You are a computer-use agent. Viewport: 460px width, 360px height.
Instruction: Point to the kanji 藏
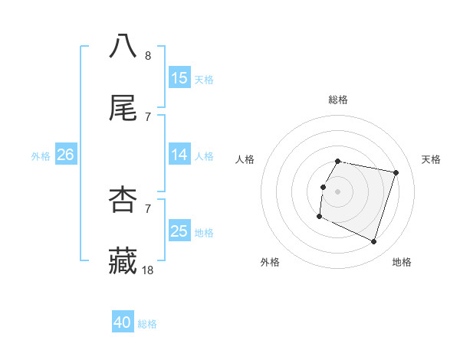(x=123, y=261)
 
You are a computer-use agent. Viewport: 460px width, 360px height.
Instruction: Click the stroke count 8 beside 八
(x=148, y=56)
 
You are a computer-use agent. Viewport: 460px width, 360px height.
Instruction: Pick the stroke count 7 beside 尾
(x=148, y=117)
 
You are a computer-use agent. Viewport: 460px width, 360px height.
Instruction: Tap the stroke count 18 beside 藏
(x=148, y=270)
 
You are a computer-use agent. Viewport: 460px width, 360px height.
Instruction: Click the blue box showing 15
(x=179, y=78)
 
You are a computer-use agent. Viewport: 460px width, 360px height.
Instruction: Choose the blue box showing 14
(x=179, y=155)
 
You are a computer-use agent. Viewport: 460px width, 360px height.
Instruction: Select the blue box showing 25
(x=179, y=231)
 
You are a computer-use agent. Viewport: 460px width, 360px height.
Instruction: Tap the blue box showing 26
(x=65, y=155)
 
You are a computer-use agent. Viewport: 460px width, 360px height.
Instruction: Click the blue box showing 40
(x=123, y=322)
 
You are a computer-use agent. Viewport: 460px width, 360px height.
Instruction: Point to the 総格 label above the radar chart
(x=338, y=100)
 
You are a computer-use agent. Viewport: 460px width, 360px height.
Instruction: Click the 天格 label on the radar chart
(x=431, y=159)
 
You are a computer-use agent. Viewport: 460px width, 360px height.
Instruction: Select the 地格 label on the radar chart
(x=402, y=262)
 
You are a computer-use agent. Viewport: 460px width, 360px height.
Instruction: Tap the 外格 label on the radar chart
(x=270, y=262)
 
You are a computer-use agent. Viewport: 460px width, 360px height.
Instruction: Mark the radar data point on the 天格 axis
(x=396, y=173)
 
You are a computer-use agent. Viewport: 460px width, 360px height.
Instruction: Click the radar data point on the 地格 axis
(x=373, y=242)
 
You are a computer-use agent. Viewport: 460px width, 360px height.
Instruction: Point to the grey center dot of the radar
(x=338, y=191)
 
